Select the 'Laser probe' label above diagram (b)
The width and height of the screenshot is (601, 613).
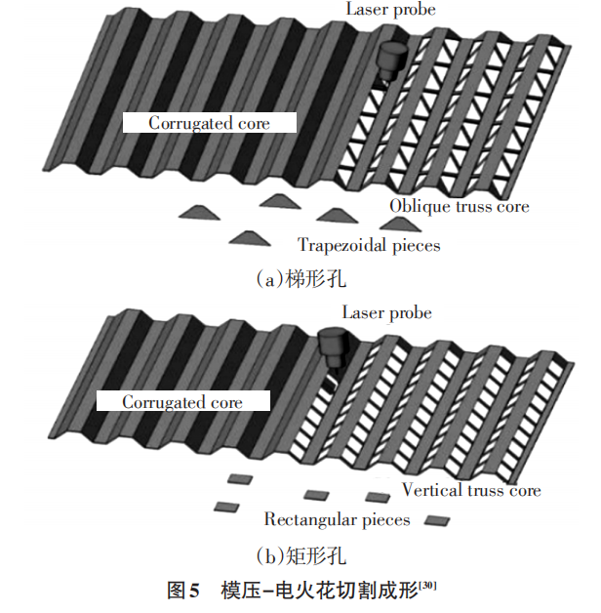pyautogui.click(x=386, y=312)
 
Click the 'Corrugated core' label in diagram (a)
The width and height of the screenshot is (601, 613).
pyautogui.click(x=209, y=123)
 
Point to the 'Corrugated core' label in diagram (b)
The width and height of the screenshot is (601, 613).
pyautogui.click(x=182, y=402)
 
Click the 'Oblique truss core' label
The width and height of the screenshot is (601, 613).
pyautogui.click(x=459, y=206)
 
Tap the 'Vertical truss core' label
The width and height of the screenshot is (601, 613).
pyautogui.click(x=471, y=490)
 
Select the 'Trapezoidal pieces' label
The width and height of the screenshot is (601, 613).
pyautogui.click(x=369, y=245)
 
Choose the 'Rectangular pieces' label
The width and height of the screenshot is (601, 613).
pyautogui.click(x=338, y=519)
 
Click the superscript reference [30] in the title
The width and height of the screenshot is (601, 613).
pyautogui.click(x=427, y=584)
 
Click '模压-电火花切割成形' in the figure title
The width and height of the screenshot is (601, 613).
pyautogui.click(x=318, y=591)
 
